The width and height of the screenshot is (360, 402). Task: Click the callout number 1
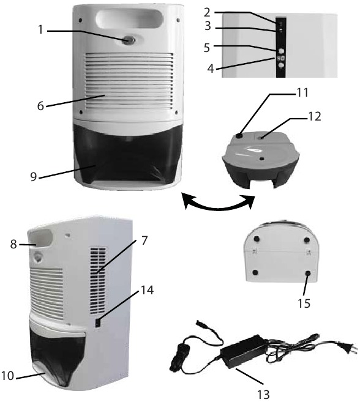[x=41, y=30]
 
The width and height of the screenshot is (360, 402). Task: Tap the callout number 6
[x=40, y=106]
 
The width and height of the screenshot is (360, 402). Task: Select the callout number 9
[x=34, y=177]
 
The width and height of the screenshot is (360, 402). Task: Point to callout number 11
[x=302, y=92]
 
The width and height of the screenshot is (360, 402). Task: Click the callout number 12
[x=314, y=117]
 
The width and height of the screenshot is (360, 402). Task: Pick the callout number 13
[x=263, y=394]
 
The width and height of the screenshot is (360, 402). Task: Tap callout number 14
[x=147, y=290]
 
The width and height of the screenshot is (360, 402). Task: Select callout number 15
[x=304, y=303]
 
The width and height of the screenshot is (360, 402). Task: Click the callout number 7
[x=144, y=240]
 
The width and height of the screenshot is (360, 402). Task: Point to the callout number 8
[x=13, y=244]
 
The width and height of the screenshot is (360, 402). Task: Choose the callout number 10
[x=7, y=376]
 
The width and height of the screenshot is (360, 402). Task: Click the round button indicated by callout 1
[x=129, y=40]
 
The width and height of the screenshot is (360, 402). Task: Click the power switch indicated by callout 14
[x=98, y=323]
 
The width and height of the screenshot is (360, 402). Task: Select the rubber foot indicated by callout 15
[x=308, y=274]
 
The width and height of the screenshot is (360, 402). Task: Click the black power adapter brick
[x=244, y=351]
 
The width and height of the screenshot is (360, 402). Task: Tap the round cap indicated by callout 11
[x=239, y=135]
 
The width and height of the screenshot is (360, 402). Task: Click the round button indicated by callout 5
[x=281, y=51]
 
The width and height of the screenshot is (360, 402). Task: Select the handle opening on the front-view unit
[x=129, y=19]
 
